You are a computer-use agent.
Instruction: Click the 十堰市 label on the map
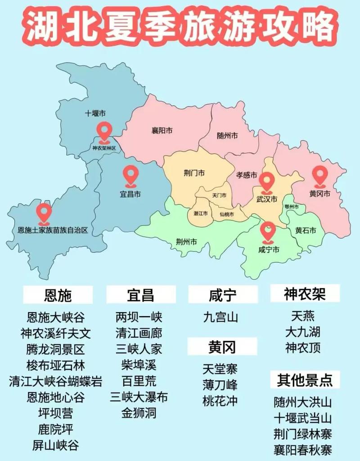coord(95,113)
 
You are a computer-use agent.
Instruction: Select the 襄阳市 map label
coord(162,131)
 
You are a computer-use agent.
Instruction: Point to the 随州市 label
coord(227,135)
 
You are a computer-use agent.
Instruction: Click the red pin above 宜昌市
coord(131,175)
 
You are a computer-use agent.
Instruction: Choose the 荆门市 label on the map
coord(194,173)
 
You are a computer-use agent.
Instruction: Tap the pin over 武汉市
coord(267,182)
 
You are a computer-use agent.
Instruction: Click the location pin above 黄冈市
coord(320,175)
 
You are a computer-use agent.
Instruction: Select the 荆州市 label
coord(186,242)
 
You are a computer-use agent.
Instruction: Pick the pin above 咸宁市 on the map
coord(268,231)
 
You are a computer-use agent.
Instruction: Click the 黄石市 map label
coord(306,231)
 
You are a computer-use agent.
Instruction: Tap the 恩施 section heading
coord(58,295)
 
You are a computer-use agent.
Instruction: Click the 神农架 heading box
coord(305,295)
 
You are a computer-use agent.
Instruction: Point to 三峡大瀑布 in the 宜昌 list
coord(139,397)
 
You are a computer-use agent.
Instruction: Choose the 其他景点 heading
coord(304,380)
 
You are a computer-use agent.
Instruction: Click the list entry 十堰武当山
coord(302,418)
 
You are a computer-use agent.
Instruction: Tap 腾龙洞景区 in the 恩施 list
coord(55,349)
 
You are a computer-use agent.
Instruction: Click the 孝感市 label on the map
coord(247,175)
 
